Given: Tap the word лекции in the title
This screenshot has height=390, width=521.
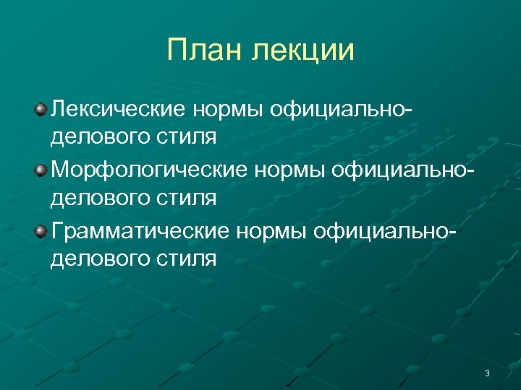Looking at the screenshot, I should pos(304,51).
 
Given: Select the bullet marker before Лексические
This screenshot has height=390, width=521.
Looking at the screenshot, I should pos(41,109).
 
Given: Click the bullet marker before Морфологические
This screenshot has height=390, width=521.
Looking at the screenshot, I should pos(41,170).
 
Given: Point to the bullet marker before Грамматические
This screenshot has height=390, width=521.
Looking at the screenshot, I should pos(41,230).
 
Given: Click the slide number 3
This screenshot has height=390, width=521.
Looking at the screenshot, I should pos(487,373).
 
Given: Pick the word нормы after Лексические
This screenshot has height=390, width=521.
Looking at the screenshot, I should pos(229,110).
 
